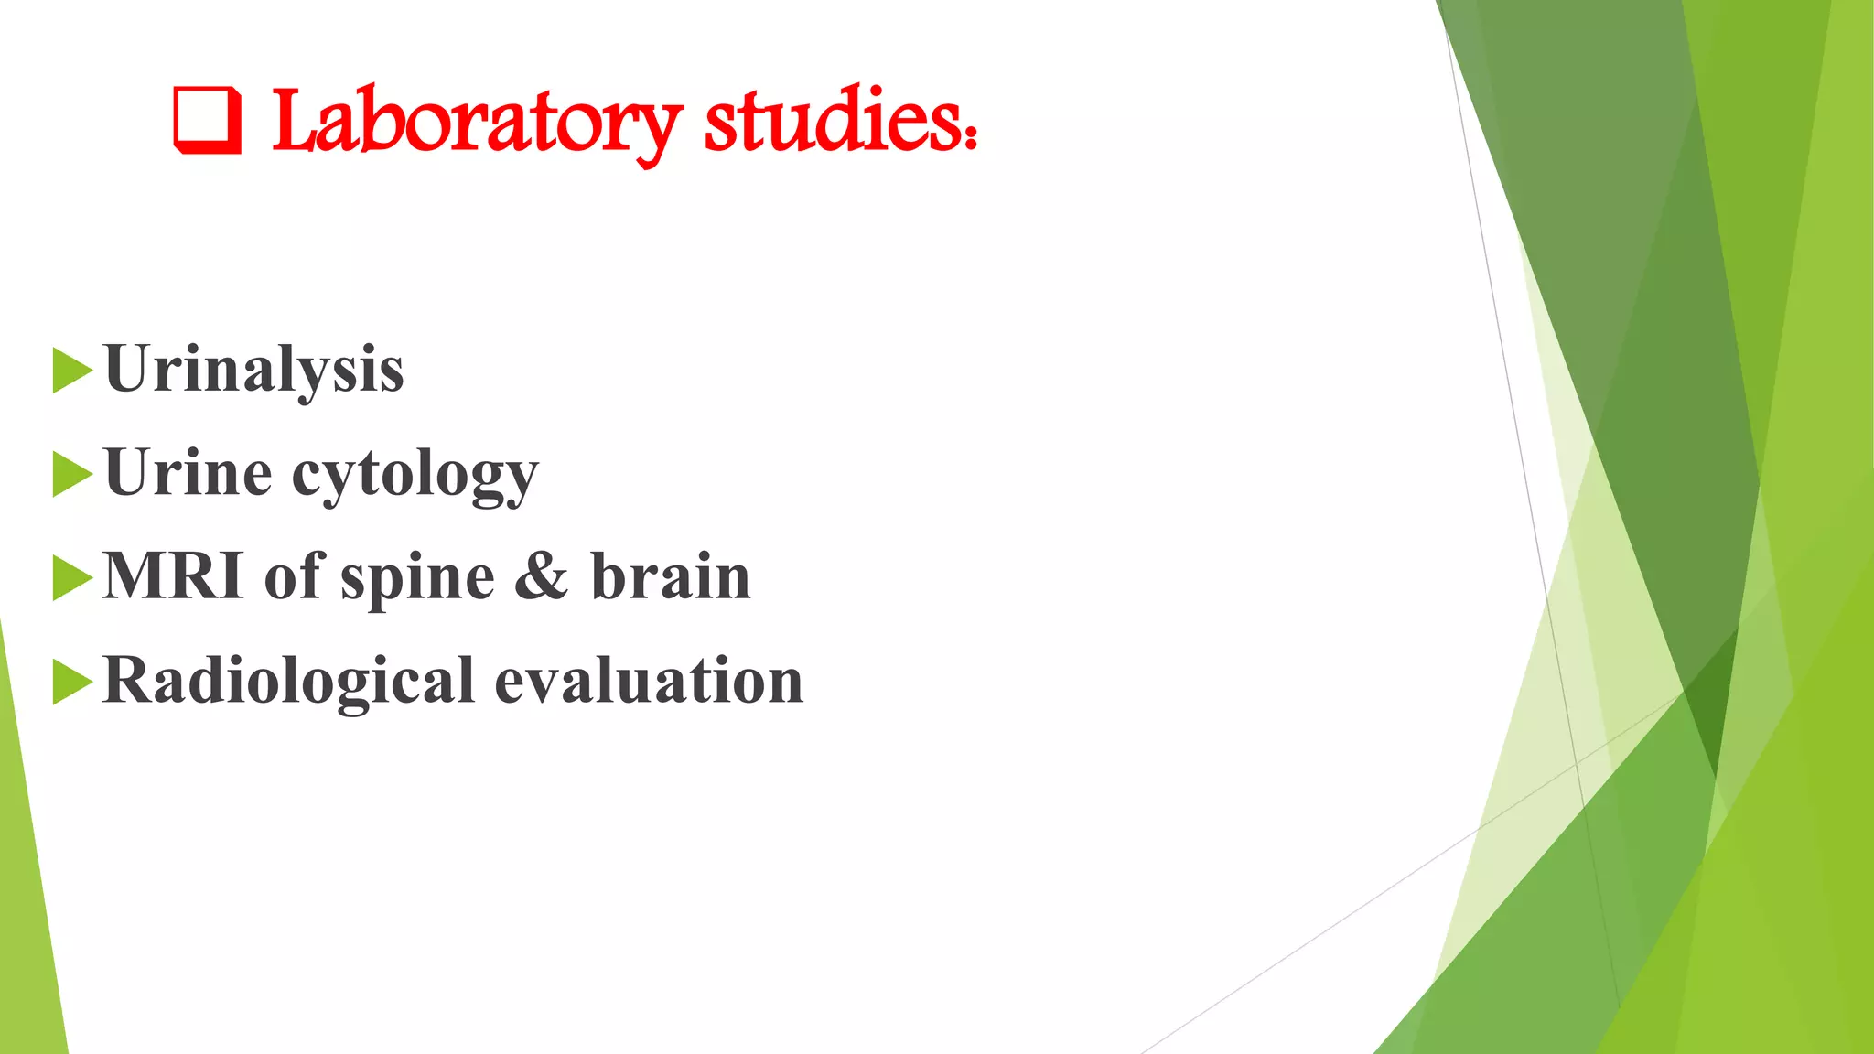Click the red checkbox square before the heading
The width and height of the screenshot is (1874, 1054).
point(208,121)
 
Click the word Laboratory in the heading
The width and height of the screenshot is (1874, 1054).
point(476,124)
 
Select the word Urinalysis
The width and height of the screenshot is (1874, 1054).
point(254,370)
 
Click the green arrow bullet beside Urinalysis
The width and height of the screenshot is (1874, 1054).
point(72,371)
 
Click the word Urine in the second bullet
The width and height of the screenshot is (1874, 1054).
point(188,473)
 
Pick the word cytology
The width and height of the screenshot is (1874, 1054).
point(415,476)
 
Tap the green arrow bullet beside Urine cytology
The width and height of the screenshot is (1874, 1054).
point(72,474)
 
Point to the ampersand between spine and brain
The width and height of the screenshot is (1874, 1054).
point(542,576)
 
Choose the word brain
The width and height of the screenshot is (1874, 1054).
point(671,576)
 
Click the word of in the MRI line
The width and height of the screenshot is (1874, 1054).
point(295,576)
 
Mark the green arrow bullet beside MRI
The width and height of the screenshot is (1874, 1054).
point(72,578)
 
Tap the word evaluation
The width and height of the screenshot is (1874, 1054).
point(649,681)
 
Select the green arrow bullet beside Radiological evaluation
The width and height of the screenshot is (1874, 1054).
point(72,682)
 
